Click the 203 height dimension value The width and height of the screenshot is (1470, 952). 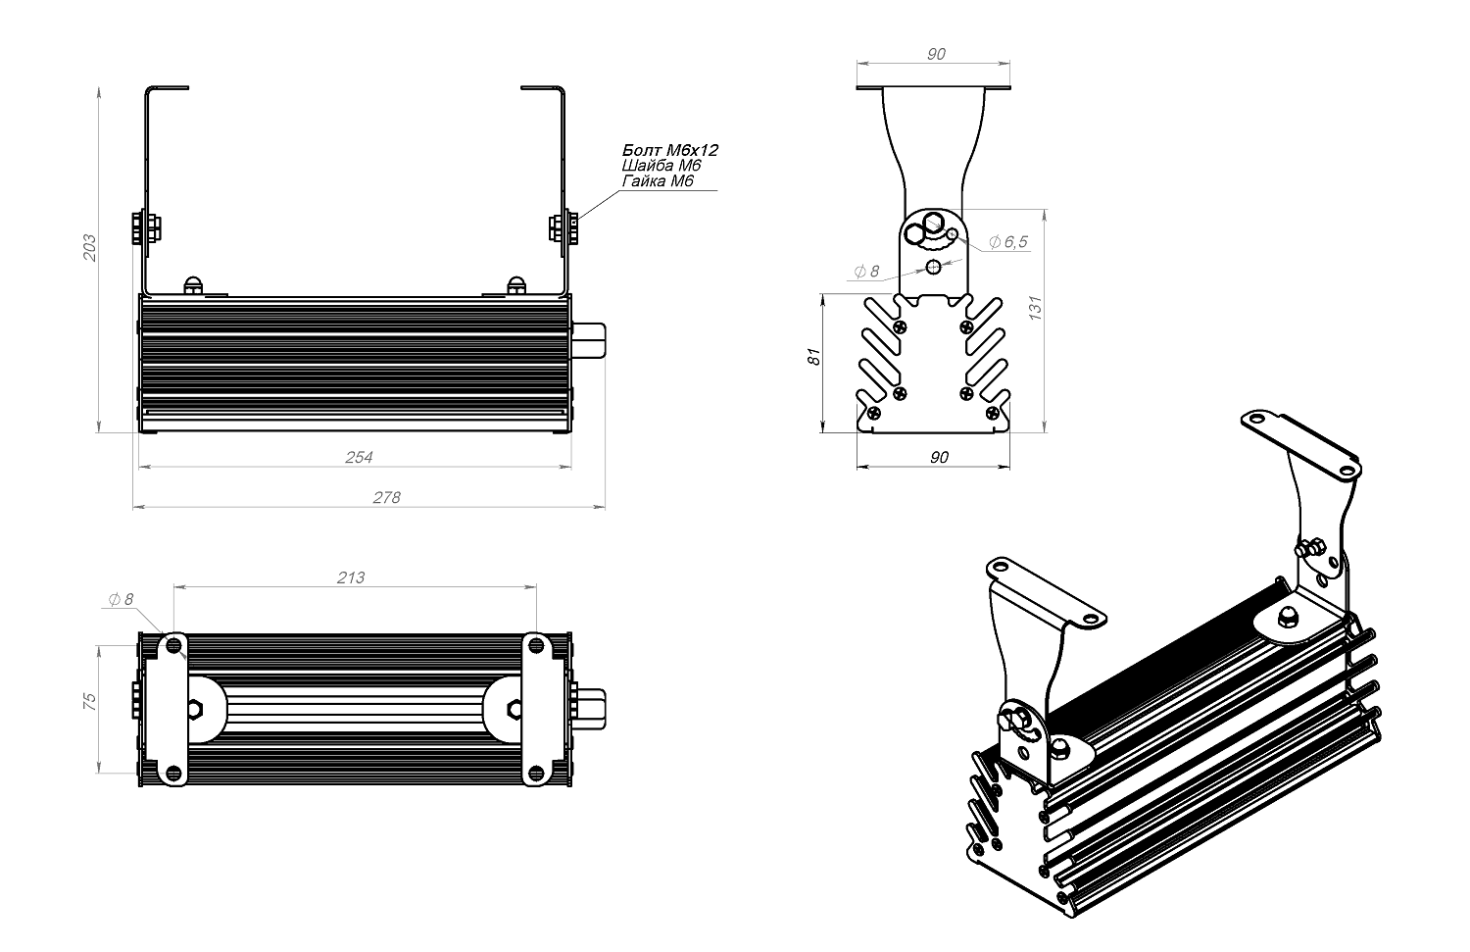(x=89, y=247)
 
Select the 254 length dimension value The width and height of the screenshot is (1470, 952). (x=360, y=457)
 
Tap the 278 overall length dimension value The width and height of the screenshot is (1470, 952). (x=387, y=497)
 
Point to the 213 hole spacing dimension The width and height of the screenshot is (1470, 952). (x=351, y=577)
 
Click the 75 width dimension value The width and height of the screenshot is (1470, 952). (x=89, y=701)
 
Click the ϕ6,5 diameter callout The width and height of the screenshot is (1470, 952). (x=1008, y=242)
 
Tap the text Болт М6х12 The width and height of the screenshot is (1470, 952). (x=670, y=150)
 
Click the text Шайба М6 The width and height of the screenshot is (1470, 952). (x=661, y=166)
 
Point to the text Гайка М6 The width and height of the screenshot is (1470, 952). (x=658, y=181)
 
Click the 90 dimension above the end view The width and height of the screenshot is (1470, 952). (x=936, y=54)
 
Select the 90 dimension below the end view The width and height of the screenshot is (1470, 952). (x=938, y=457)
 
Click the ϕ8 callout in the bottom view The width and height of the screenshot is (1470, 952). (x=121, y=600)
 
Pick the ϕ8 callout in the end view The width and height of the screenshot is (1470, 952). (x=867, y=272)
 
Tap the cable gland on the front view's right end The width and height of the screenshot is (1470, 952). (x=590, y=338)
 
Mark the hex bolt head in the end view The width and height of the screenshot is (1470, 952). (x=917, y=232)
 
